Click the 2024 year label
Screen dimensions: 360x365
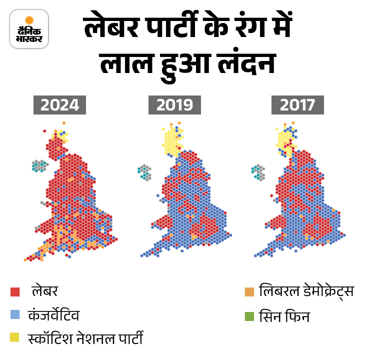tap(60, 105)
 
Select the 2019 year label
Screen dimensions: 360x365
tap(174, 105)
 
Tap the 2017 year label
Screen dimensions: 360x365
tap(297, 105)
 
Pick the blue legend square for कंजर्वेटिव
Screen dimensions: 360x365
tap(15, 315)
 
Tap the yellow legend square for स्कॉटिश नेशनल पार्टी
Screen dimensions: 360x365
tap(15, 338)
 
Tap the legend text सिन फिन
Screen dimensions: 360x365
tap(284, 315)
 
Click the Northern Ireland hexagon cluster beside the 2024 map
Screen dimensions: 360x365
tap(39, 165)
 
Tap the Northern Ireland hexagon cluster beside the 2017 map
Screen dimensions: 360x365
tap(258, 172)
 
